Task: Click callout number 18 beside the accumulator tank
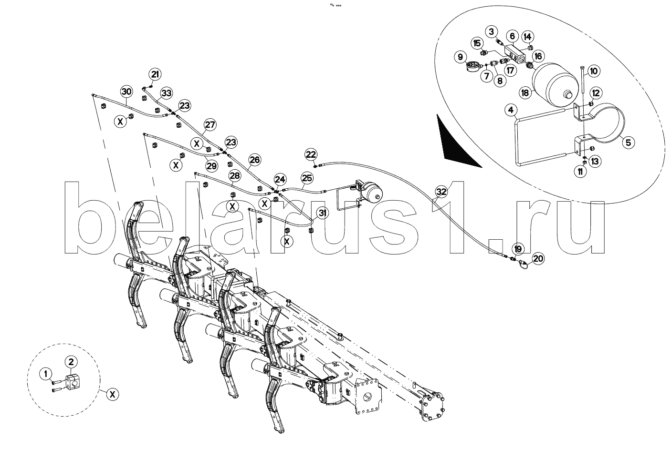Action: tap(525, 93)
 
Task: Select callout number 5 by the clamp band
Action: tap(628, 142)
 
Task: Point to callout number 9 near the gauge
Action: tap(460, 57)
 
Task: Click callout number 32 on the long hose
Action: tap(441, 192)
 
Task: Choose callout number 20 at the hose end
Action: tap(538, 259)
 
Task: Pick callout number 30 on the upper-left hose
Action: tap(126, 92)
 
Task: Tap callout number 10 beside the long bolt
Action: tap(593, 71)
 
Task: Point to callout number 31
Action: tap(324, 213)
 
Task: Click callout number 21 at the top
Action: tap(155, 74)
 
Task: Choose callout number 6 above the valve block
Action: tap(512, 36)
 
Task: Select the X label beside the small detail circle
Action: tap(112, 395)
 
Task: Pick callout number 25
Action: tap(307, 178)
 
